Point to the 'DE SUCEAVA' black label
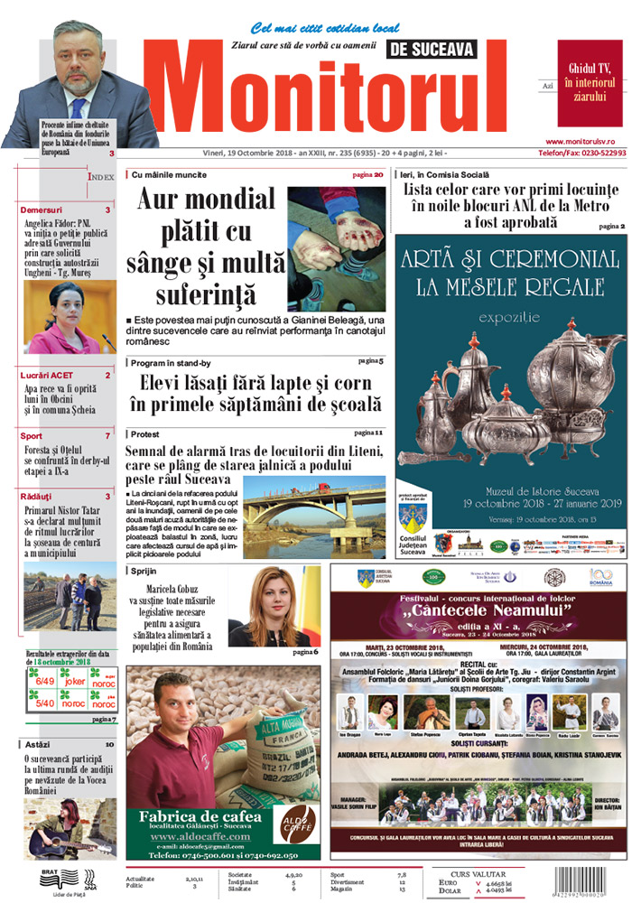(x=430, y=51)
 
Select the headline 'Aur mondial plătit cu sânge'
(x=207, y=246)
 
